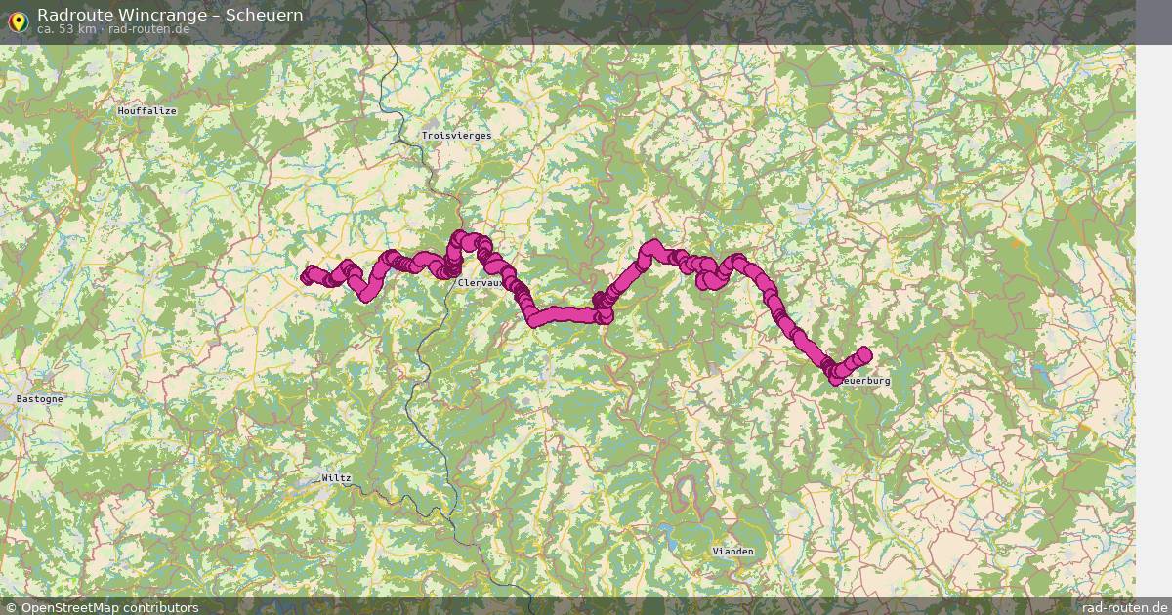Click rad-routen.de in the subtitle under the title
[148, 29]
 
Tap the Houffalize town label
[146, 111]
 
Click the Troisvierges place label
[456, 136]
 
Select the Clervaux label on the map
[480, 283]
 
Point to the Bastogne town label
[40, 399]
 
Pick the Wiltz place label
[336, 478]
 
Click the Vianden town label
[732, 552]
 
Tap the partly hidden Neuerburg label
[865, 381]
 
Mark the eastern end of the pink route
[863, 354]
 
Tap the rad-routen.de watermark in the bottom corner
[1125, 607]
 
